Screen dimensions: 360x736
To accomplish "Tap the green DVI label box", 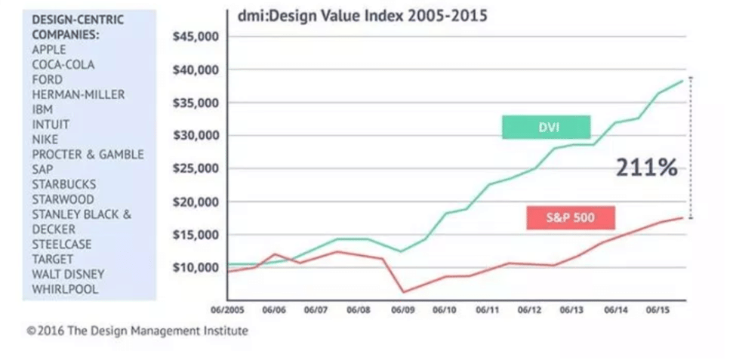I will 546,127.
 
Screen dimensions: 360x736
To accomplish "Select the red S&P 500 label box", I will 570,218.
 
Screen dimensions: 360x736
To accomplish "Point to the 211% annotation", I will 645,168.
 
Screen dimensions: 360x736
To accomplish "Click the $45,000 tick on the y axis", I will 196,37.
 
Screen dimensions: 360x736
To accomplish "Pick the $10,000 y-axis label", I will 196,268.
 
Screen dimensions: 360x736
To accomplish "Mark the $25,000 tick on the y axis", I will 196,169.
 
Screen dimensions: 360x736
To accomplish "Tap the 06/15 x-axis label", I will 658,310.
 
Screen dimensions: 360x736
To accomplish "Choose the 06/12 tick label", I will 531,310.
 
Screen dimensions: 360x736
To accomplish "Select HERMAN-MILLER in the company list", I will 79,94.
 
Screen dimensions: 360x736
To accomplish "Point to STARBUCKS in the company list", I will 63,184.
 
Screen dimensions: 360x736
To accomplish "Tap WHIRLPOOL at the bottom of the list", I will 65,289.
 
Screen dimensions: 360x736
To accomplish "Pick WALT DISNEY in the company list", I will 68,274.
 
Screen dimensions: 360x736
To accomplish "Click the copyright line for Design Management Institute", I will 137,331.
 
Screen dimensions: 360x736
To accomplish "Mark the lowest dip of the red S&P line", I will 403,292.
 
